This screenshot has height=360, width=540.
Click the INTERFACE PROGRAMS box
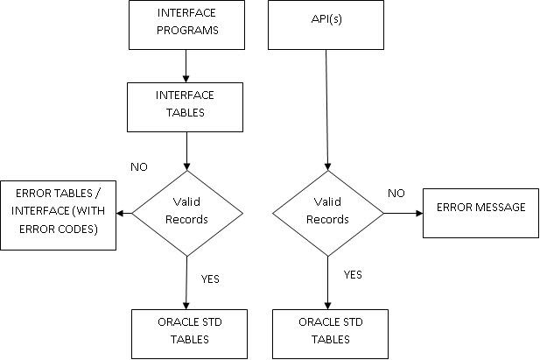click(186, 25)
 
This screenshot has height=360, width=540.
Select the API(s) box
click(326, 25)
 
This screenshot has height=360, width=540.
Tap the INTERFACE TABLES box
click(185, 107)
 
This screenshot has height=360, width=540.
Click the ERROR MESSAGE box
click(480, 213)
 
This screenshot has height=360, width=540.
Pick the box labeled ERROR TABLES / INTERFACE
click(59, 215)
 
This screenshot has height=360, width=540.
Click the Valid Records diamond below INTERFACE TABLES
click(187, 214)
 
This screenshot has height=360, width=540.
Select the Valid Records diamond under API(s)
click(328, 214)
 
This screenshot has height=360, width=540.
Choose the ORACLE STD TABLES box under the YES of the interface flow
click(189, 334)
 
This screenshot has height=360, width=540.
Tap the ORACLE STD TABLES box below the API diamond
click(330, 334)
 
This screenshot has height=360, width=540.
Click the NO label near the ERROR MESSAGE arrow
click(396, 193)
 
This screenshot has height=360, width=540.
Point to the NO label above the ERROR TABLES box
click(139, 167)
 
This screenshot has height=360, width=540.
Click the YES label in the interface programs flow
click(210, 279)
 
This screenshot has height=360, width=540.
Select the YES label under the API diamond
click(353, 274)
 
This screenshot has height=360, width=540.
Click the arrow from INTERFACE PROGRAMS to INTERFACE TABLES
click(186, 66)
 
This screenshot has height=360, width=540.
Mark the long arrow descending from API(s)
click(326, 110)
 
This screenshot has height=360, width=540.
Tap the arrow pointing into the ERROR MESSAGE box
click(403, 213)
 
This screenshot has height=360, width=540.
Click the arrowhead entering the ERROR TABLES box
click(120, 214)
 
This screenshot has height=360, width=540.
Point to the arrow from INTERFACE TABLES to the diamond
click(186, 151)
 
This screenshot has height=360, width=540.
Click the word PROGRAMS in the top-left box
click(187, 31)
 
